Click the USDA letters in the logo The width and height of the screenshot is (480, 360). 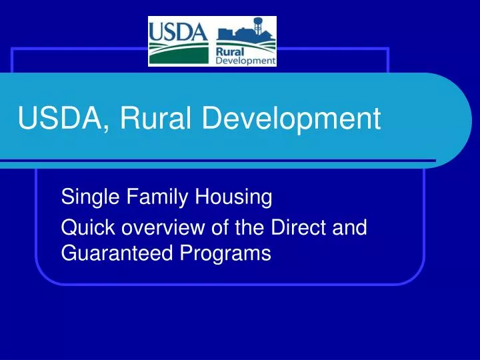tap(175, 32)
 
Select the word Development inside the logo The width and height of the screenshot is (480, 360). tap(245, 60)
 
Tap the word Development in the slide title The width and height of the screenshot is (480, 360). tap(291, 119)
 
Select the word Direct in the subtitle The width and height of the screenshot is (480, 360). tap(294, 228)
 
